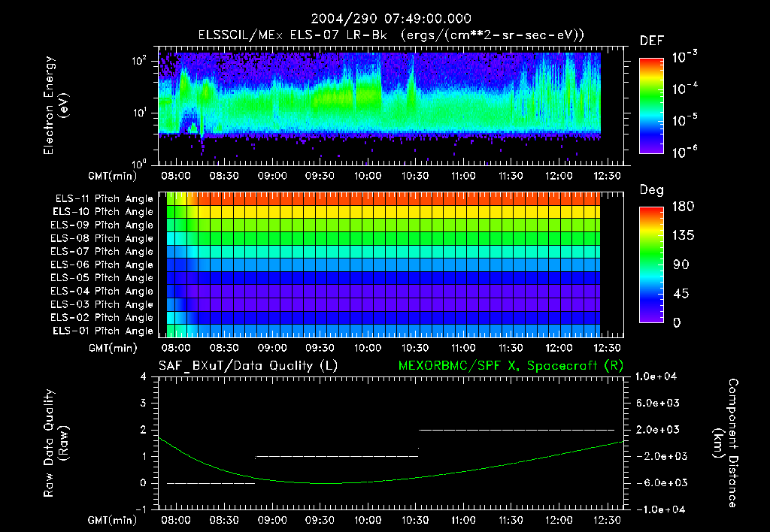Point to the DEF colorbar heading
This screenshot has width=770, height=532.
pos(651,41)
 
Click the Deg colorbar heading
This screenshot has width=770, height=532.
pos(651,190)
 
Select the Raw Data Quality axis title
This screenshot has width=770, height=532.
pos(56,443)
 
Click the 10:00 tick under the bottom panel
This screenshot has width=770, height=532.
pos(367,519)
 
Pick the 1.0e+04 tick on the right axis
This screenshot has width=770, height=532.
pos(658,376)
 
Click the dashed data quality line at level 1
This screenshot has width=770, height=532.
pos(336,456)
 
